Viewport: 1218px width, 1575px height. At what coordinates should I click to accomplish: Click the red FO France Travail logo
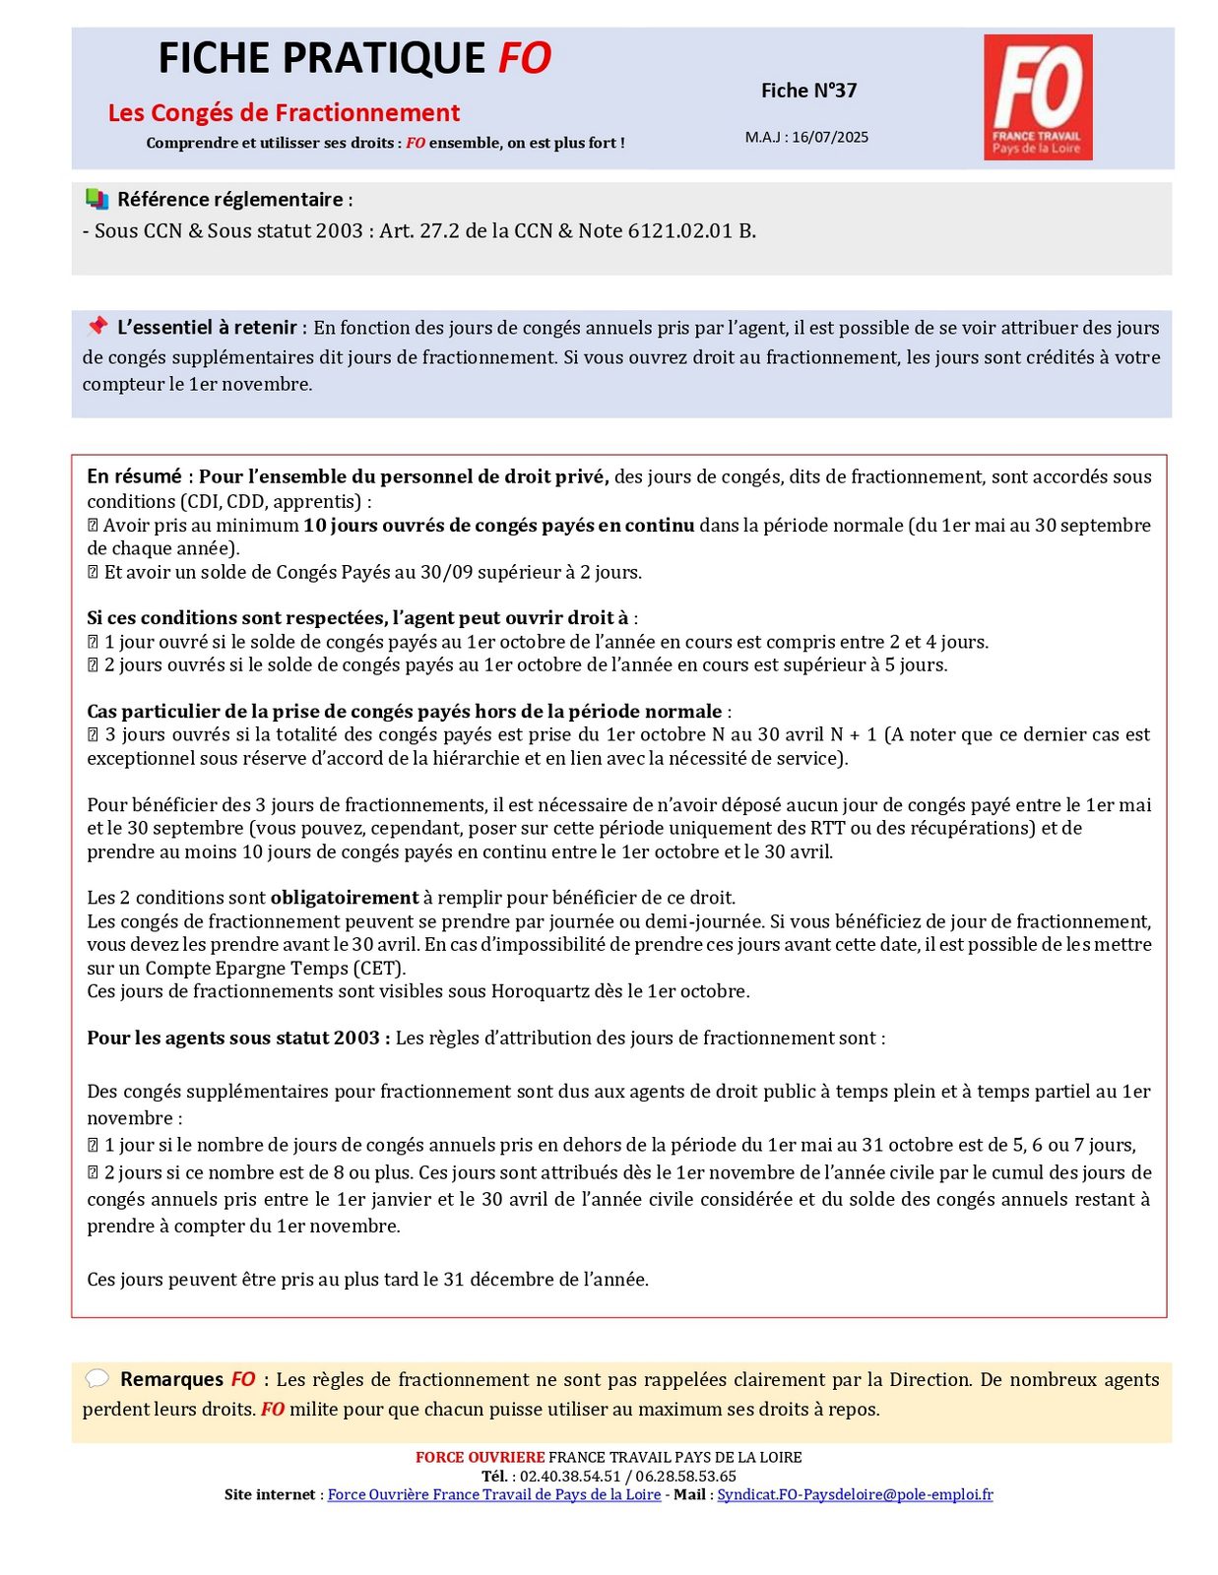click(1037, 96)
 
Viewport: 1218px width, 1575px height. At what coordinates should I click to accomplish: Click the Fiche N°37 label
click(808, 91)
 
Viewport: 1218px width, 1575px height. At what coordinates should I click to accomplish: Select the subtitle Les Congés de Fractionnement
click(284, 113)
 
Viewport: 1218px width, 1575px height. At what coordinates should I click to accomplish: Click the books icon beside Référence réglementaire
click(96, 199)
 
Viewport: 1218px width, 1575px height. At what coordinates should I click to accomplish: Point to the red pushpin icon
click(96, 326)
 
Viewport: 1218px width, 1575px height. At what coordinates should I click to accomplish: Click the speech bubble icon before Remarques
click(96, 1378)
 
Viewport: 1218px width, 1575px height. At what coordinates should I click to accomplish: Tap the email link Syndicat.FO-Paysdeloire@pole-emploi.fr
click(855, 1494)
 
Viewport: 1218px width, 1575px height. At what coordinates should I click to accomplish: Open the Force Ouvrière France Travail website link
click(493, 1494)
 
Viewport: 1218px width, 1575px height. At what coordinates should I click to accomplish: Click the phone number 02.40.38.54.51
click(570, 1476)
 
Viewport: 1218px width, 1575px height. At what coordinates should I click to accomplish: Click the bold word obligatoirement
click(345, 898)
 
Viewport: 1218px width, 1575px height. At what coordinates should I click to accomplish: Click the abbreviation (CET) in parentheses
click(380, 968)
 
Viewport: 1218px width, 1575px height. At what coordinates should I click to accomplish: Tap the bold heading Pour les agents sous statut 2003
click(237, 1039)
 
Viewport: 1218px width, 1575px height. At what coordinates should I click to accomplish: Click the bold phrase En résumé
click(135, 477)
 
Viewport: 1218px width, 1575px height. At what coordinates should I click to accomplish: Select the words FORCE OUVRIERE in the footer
click(480, 1457)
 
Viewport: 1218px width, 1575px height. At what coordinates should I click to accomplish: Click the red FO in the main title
click(524, 59)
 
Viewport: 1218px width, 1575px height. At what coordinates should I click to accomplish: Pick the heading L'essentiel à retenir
click(207, 328)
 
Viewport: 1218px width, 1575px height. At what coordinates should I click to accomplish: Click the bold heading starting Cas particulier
click(404, 712)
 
